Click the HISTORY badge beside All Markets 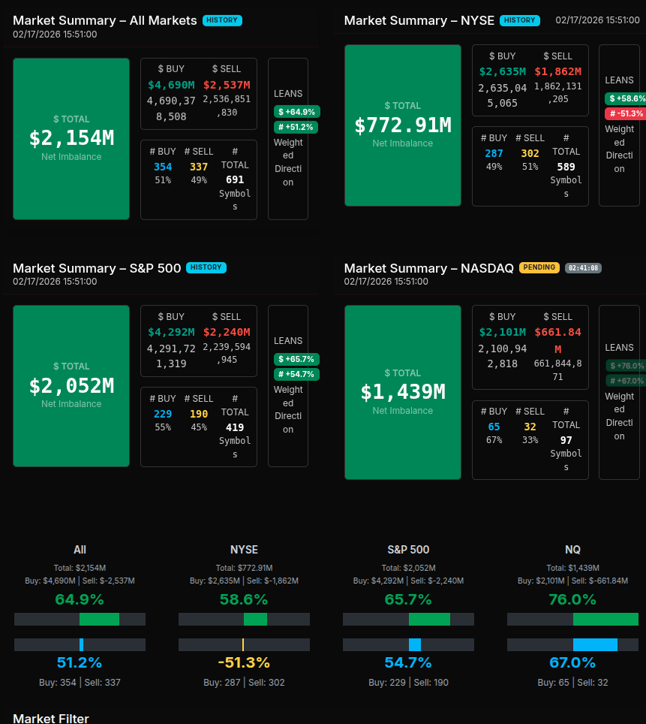pyautogui.click(x=222, y=20)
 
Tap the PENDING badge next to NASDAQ pyautogui.click(x=539, y=267)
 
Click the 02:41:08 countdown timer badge pyautogui.click(x=583, y=267)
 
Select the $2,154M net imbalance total pyautogui.click(x=71, y=138)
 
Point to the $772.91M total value pyautogui.click(x=403, y=125)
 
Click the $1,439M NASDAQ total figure pyautogui.click(x=403, y=392)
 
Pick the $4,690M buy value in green pyautogui.click(x=171, y=85)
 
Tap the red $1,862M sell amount pyautogui.click(x=558, y=71)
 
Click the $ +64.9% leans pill pyautogui.click(x=296, y=112)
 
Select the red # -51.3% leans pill pyautogui.click(x=626, y=113)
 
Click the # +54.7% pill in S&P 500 pyautogui.click(x=296, y=374)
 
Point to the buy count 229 pyautogui.click(x=163, y=414)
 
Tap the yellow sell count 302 pyautogui.click(x=530, y=153)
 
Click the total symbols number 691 pyautogui.click(x=235, y=179)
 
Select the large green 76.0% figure pyautogui.click(x=572, y=599)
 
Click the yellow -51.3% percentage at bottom pyautogui.click(x=244, y=662)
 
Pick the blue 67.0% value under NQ pyautogui.click(x=572, y=662)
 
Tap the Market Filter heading pyautogui.click(x=51, y=718)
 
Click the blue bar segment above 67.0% pyautogui.click(x=595, y=644)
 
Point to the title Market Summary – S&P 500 pyautogui.click(x=97, y=268)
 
